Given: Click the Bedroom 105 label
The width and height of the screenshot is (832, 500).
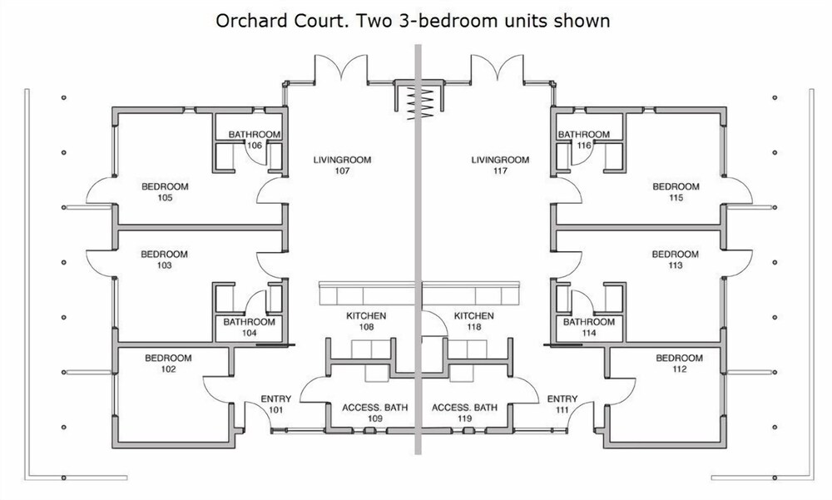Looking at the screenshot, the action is [x=165, y=192].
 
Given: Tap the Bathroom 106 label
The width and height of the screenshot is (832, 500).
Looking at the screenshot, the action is [x=254, y=140].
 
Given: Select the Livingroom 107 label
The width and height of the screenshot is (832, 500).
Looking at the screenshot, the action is [x=342, y=165].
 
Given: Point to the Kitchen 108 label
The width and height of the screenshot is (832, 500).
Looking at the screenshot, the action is [x=366, y=321].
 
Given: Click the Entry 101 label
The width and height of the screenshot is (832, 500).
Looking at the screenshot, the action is [x=276, y=404].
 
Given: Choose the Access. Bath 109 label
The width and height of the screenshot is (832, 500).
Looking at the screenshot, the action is [x=375, y=413].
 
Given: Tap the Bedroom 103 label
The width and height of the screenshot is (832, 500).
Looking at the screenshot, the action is [x=164, y=260].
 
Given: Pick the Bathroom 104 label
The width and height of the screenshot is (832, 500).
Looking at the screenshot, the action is [x=249, y=328].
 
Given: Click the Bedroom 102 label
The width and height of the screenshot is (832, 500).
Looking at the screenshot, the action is [x=168, y=364].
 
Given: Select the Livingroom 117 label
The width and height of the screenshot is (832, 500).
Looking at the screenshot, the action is [x=500, y=165].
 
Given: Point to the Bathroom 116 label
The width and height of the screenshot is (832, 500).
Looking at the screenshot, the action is [x=584, y=140].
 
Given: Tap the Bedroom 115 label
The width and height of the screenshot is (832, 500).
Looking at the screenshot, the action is [x=676, y=192].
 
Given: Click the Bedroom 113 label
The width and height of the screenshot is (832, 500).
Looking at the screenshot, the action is [x=676, y=260].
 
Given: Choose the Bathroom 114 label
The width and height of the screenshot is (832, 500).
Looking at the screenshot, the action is [x=589, y=328].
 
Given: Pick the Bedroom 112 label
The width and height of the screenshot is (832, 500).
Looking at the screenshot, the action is [x=679, y=364].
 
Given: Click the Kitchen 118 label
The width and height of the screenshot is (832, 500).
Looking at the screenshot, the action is [x=474, y=321].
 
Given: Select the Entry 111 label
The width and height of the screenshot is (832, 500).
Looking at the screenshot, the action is [x=562, y=404].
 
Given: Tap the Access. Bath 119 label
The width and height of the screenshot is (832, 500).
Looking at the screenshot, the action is [x=465, y=413].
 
